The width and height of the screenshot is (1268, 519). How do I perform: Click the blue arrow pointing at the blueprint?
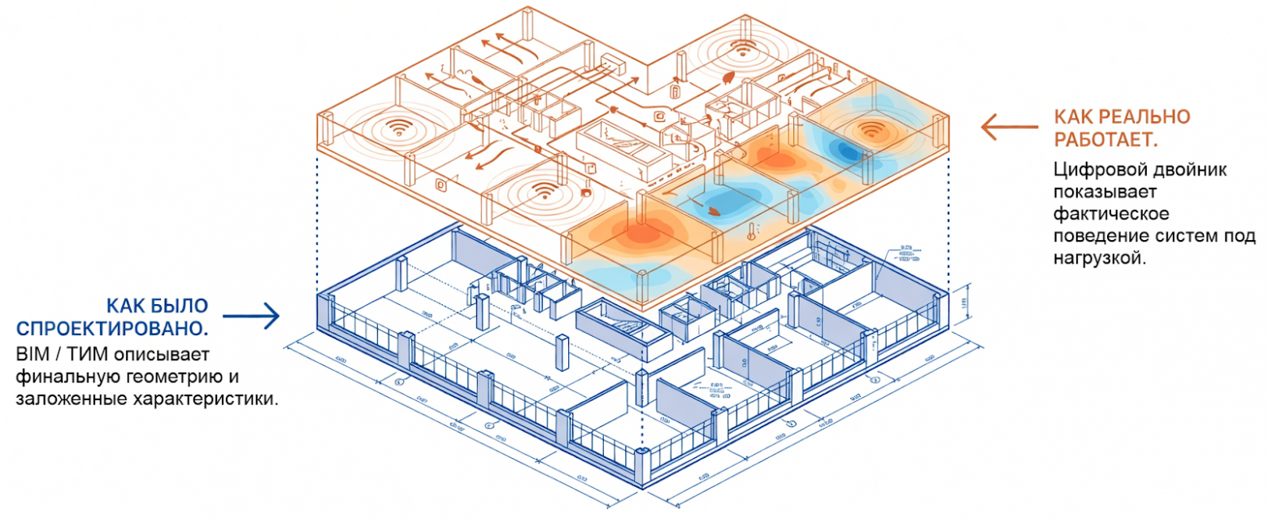point(251,316)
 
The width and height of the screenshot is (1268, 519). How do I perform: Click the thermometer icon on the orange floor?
point(748,233)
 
